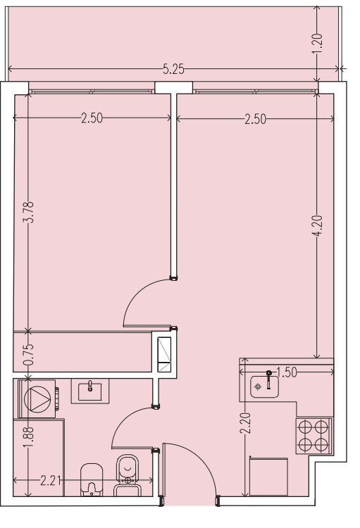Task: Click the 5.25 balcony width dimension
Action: [x=173, y=69]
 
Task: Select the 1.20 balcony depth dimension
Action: [x=318, y=43]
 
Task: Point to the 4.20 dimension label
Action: [x=318, y=225]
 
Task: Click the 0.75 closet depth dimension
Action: [x=29, y=354]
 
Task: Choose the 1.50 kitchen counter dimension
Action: [x=287, y=372]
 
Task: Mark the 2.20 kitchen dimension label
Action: [x=245, y=423]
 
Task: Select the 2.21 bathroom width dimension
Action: [x=51, y=481]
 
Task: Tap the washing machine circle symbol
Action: [x=37, y=399]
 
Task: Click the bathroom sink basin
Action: [x=90, y=391]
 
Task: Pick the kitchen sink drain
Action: [x=258, y=386]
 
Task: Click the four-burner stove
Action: [x=314, y=436]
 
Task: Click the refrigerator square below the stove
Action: [x=268, y=477]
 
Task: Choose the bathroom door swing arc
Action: [x=125, y=420]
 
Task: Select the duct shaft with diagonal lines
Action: [x=164, y=355]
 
